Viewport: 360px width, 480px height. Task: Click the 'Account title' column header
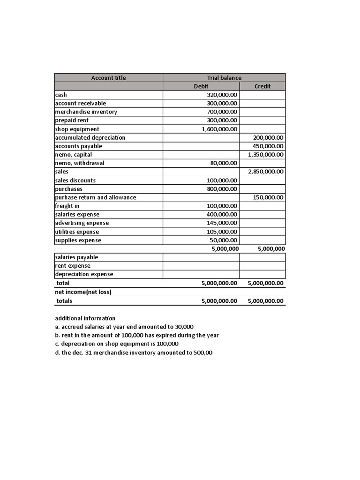point(108,78)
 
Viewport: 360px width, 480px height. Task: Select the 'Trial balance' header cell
point(224,78)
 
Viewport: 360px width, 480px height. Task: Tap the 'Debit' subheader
point(201,86)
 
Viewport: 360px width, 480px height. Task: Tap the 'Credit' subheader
point(262,86)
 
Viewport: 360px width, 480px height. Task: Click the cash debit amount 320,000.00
point(222,95)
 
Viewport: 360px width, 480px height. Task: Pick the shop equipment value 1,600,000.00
point(219,129)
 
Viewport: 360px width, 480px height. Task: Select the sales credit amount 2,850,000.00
point(266,172)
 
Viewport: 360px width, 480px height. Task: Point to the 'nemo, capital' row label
point(73,155)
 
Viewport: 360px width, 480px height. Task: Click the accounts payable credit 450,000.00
point(268,146)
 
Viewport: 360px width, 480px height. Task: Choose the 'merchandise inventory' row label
point(86,112)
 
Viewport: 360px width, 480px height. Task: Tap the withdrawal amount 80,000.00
point(224,163)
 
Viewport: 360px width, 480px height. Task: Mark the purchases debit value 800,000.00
point(222,189)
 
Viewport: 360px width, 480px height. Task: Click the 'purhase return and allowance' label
point(95,197)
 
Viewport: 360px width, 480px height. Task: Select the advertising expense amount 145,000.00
point(222,223)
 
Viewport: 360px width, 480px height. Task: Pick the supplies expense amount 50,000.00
point(224,240)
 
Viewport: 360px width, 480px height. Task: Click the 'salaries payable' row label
point(76,257)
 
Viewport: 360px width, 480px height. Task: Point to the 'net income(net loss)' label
point(83,292)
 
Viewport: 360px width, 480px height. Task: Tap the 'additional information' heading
point(85,318)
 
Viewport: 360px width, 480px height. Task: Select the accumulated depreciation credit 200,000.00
point(268,138)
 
